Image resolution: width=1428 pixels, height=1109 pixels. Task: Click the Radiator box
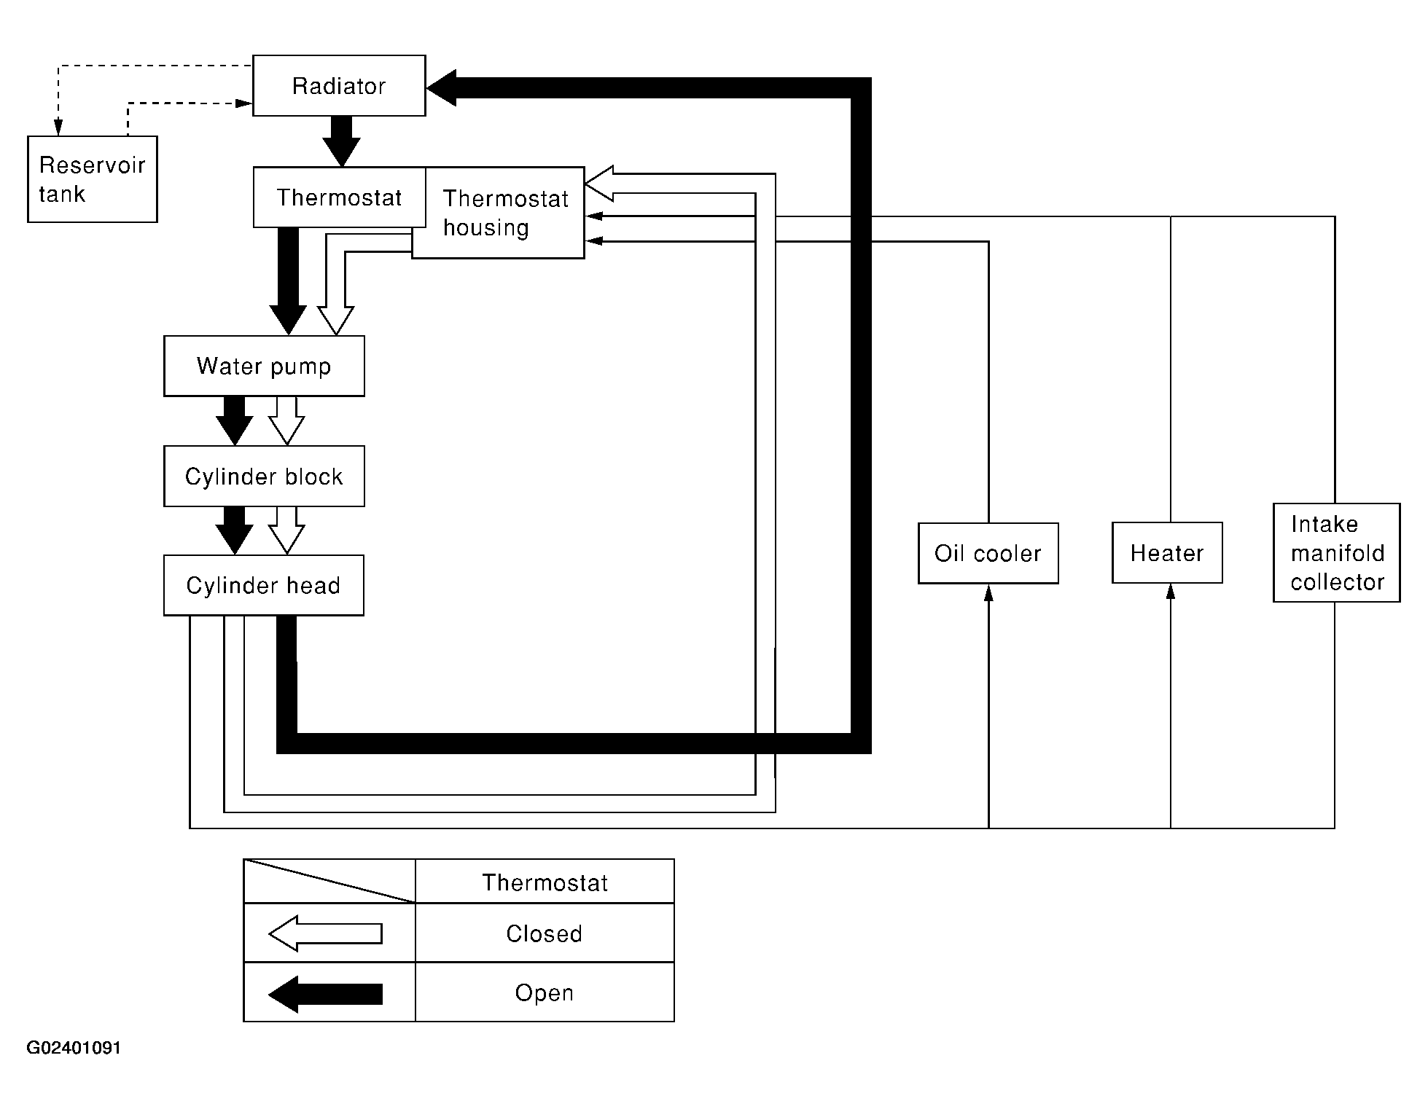(339, 85)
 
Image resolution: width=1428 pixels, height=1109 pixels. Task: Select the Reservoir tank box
(93, 179)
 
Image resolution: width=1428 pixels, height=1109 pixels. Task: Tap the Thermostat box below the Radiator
(339, 197)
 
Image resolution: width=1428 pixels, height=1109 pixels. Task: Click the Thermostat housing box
(499, 213)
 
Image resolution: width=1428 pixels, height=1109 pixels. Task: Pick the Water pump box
(264, 366)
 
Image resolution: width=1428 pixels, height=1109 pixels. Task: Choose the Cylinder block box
(264, 477)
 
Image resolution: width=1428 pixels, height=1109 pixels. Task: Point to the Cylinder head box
(264, 586)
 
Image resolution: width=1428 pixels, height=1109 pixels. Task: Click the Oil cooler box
(988, 553)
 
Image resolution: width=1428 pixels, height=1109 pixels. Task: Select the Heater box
(1167, 553)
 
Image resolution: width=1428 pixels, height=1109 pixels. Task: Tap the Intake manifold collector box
(1337, 552)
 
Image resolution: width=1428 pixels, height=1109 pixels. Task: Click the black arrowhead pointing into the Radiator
(442, 88)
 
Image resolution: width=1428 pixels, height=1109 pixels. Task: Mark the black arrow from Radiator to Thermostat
(341, 141)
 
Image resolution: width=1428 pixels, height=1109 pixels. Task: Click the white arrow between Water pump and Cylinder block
(286, 420)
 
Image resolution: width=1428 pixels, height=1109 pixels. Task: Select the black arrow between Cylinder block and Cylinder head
(234, 530)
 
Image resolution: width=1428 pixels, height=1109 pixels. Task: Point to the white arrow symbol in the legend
(325, 933)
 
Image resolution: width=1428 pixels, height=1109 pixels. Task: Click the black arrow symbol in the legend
(325, 994)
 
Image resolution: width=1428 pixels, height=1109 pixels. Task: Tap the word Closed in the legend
(544, 934)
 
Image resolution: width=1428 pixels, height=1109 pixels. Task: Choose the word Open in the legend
(544, 993)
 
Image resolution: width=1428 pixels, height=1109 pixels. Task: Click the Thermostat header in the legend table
(545, 882)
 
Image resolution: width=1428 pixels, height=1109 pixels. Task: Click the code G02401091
(74, 1048)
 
